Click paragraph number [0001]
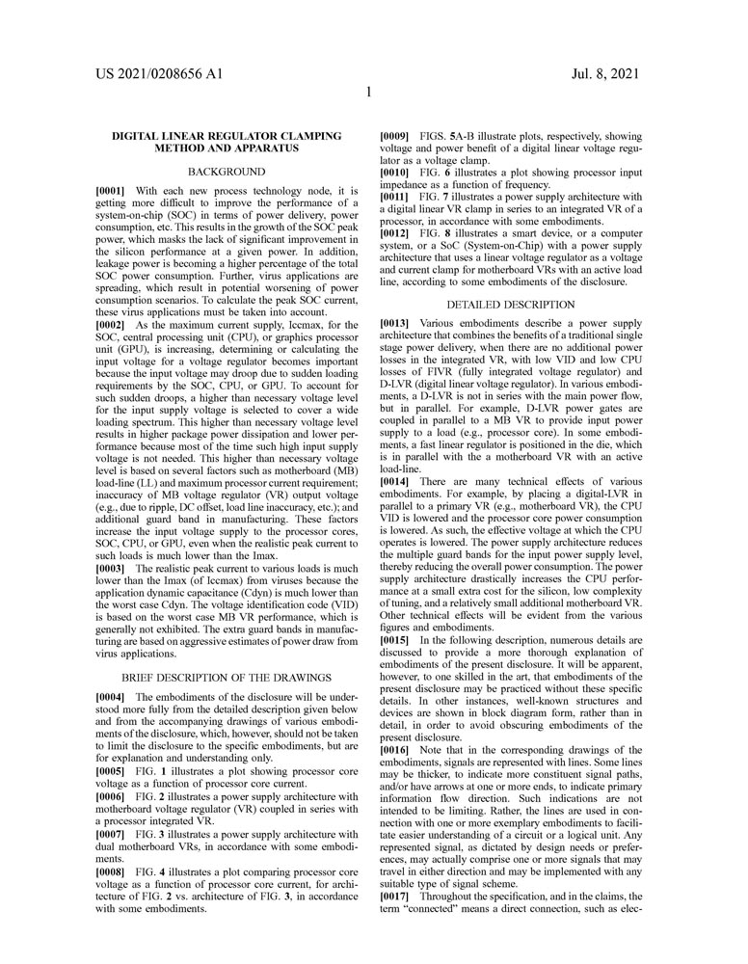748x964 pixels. (114, 191)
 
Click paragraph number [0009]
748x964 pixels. (397, 136)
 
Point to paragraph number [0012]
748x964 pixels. (397, 232)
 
